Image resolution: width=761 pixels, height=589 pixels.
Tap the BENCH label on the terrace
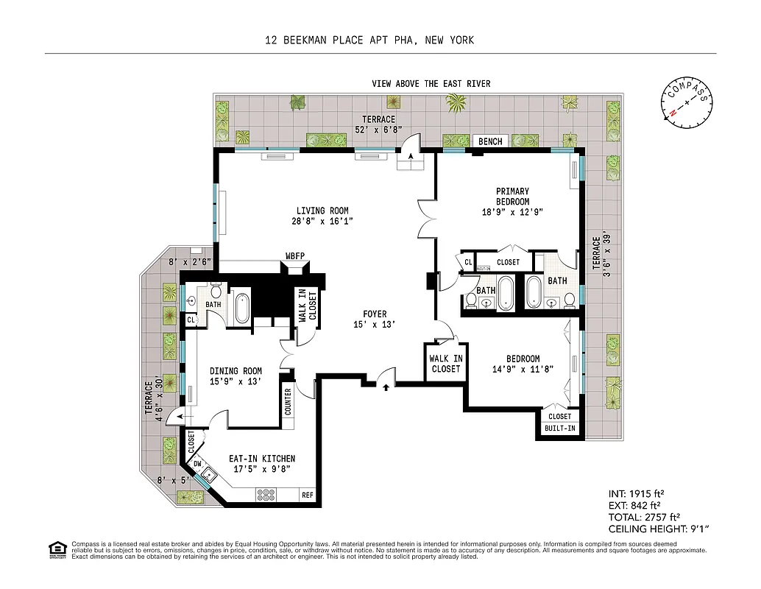(x=490, y=141)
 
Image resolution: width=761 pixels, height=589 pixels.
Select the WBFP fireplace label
(x=295, y=256)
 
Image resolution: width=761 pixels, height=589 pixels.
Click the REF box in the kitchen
(x=308, y=495)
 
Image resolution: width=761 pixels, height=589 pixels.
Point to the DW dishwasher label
(x=197, y=464)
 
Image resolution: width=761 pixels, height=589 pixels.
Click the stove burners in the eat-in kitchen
(x=265, y=495)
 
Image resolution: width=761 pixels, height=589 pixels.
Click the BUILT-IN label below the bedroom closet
(x=559, y=428)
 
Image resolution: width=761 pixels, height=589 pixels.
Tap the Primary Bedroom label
(x=512, y=197)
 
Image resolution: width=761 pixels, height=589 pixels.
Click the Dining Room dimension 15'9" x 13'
(x=236, y=381)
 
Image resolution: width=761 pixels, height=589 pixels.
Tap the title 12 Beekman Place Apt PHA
(x=369, y=40)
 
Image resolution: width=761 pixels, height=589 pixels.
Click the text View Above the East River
(x=431, y=84)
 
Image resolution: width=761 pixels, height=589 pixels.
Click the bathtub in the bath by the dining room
(x=242, y=308)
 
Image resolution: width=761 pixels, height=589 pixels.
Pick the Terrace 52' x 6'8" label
(x=378, y=124)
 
